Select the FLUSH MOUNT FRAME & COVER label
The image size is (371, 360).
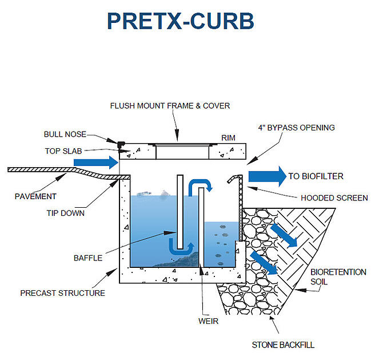170,106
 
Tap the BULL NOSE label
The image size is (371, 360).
65,134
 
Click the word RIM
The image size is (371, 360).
229,138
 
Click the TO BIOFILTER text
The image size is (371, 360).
316,176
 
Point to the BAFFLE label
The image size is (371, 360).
88,258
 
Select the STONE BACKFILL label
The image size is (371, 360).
283,345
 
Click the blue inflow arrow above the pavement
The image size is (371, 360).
95,164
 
